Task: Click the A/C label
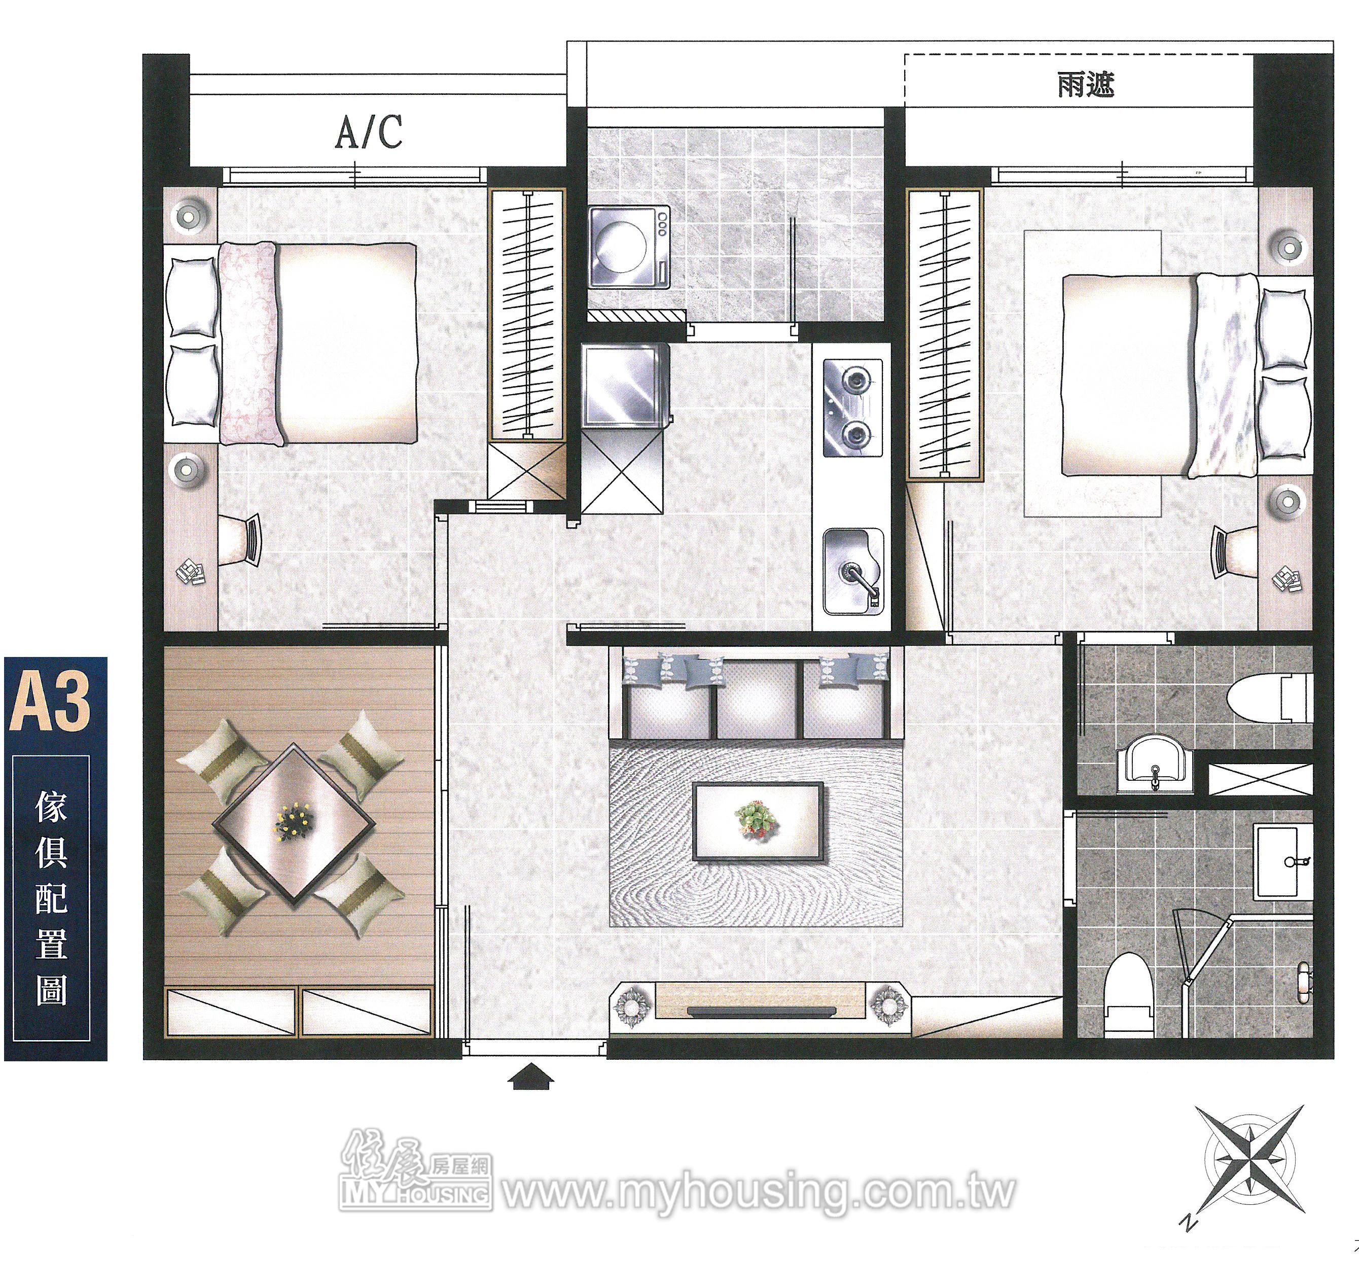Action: [369, 132]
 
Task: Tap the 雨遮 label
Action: [1086, 85]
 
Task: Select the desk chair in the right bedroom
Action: [1236, 550]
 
